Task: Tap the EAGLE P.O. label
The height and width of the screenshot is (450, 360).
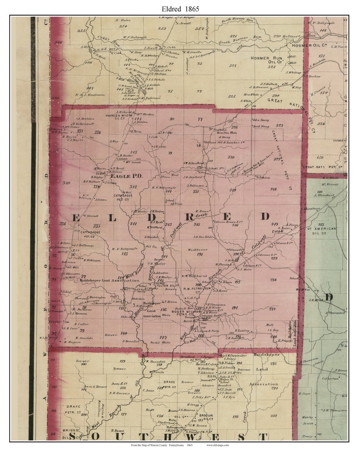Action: click(127, 176)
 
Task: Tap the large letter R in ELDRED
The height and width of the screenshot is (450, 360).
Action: click(189, 217)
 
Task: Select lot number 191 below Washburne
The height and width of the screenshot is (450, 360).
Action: click(200, 254)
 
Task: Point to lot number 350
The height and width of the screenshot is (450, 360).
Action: click(231, 157)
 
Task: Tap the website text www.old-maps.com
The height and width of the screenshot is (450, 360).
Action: click(218, 445)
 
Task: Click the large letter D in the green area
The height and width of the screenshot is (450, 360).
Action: click(328, 297)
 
